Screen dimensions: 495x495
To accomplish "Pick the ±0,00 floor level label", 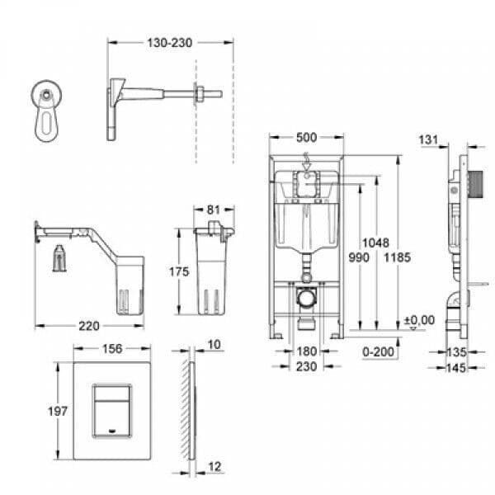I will pos(420,319).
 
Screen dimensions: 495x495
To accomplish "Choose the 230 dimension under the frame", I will pos(305,367).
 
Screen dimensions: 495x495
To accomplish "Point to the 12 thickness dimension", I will pos(214,467).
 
